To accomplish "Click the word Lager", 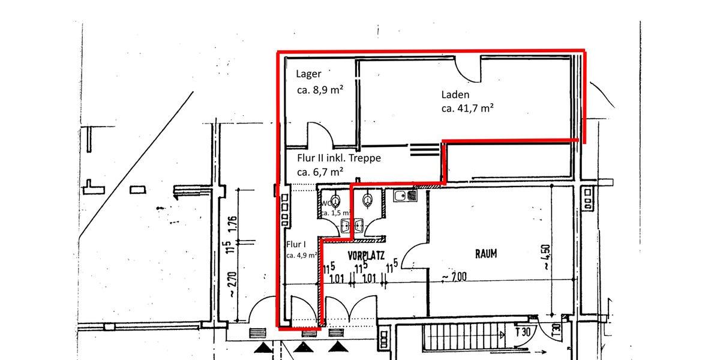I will (309, 74).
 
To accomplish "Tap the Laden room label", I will (455, 94).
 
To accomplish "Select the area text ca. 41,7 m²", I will (467, 109).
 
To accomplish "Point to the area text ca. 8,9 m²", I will (320, 91).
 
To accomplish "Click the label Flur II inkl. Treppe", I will (339, 158).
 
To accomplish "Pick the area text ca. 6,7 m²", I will (320, 172).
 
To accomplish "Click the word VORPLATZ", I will (366, 255).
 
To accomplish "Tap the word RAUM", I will (486, 254).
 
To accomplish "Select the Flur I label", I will (296, 244).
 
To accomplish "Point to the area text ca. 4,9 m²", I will (302, 255).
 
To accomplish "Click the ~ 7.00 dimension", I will (454, 277).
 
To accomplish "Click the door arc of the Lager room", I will (316, 134).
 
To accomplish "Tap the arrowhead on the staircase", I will (506, 346).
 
